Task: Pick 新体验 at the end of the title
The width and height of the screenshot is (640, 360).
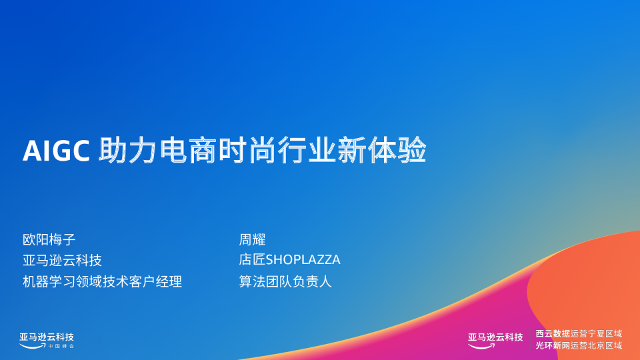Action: coord(386,151)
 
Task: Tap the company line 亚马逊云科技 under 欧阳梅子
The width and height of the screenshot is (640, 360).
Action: coord(62,260)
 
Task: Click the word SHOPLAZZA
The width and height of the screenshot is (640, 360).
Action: coord(303,260)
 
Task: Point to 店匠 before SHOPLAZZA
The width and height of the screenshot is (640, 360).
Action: coord(252,260)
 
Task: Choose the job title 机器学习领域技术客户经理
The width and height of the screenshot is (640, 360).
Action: coord(102,281)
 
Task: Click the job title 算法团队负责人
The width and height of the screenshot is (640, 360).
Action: coord(285,281)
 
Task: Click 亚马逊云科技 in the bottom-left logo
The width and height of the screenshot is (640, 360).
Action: coord(47,337)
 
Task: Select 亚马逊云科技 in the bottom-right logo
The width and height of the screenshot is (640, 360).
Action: coord(495,337)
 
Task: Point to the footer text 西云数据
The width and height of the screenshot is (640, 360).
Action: coord(553,333)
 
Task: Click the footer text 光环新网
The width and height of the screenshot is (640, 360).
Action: coord(553,345)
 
